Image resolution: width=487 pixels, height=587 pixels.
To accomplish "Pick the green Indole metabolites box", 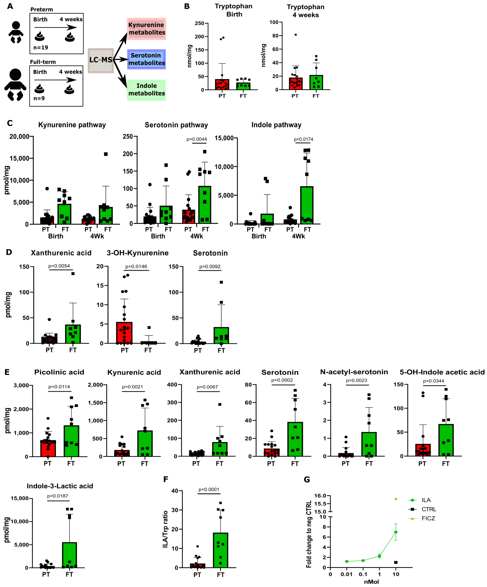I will pos(146,90).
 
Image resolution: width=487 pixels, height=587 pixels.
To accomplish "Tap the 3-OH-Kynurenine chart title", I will pos(138,253).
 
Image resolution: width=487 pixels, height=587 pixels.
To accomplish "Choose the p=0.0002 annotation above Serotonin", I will pos(282,380).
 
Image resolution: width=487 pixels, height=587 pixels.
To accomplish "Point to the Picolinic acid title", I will pos(59,372).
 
